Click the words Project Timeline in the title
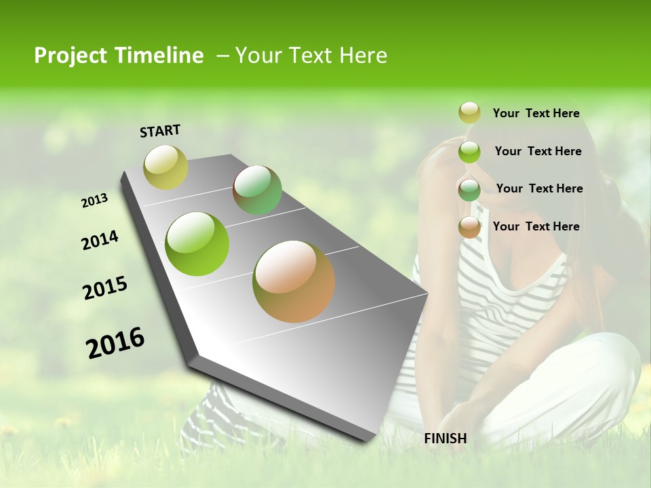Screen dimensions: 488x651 (119, 56)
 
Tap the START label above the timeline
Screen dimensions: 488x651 (160, 131)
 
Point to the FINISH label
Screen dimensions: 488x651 (446, 439)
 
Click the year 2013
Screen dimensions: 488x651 (95, 201)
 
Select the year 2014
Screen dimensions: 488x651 (100, 240)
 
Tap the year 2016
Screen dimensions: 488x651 (115, 343)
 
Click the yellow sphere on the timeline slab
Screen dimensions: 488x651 (165, 167)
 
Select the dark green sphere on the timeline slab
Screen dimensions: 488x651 (257, 190)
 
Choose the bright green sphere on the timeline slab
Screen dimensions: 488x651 (197, 243)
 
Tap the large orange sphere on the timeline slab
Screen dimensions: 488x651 (294, 281)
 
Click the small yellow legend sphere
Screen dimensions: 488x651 (469, 113)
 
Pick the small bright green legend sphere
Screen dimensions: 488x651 (469, 151)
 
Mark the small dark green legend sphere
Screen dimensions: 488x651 (469, 189)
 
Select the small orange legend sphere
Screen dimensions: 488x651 (469, 227)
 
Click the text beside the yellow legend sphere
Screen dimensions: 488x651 (536, 113)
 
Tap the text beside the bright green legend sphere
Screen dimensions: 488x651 (538, 151)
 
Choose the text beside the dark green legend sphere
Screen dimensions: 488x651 (539, 188)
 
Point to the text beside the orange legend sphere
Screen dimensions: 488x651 (536, 226)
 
